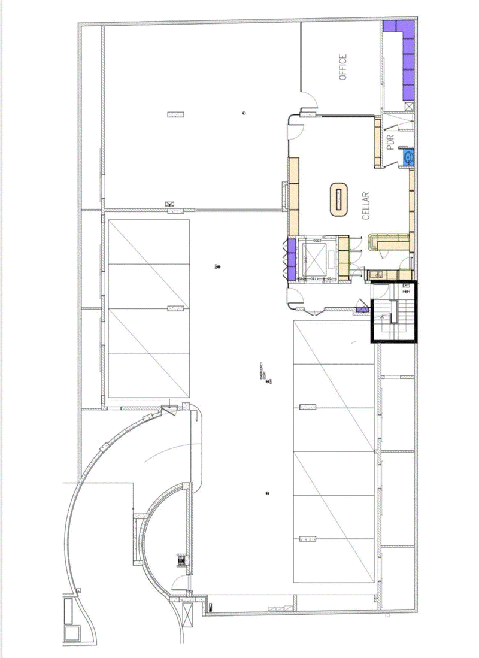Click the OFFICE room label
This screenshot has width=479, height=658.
343,67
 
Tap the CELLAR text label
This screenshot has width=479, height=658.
366,206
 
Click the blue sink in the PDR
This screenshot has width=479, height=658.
408,158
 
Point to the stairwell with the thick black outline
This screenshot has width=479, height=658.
393,312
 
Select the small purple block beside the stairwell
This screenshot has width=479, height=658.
362,310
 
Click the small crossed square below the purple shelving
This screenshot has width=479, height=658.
409,107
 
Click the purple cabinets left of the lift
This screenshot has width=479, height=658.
293,259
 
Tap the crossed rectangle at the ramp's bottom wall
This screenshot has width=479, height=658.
180,561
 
